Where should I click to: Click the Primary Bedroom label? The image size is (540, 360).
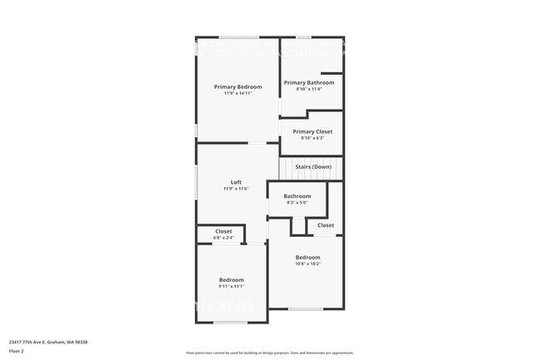coord(238,87)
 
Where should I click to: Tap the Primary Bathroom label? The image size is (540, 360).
coord(309,82)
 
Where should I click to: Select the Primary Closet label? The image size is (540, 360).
coord(312,131)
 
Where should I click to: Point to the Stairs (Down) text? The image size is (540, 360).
coord(313,167)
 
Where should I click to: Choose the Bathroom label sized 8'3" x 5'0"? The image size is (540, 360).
coord(297,196)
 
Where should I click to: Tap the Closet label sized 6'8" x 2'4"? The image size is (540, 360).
coord(223,231)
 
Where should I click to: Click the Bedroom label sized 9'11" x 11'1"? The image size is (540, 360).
coord(231,279)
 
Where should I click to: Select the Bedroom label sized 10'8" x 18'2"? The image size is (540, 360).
coord(307,258)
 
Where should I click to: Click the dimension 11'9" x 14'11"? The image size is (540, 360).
coord(238,94)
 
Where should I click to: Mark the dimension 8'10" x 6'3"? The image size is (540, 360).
coord(312,138)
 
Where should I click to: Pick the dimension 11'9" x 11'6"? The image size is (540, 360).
coord(236,189)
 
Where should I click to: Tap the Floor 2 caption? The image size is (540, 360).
coord(17,351)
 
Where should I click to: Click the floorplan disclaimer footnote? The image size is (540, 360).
coord(269,353)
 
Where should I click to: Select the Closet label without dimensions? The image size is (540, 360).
coord(326,224)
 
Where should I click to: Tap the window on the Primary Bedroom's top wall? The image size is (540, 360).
coord(238,37)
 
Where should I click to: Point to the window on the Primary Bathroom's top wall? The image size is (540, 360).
coord(304,37)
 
